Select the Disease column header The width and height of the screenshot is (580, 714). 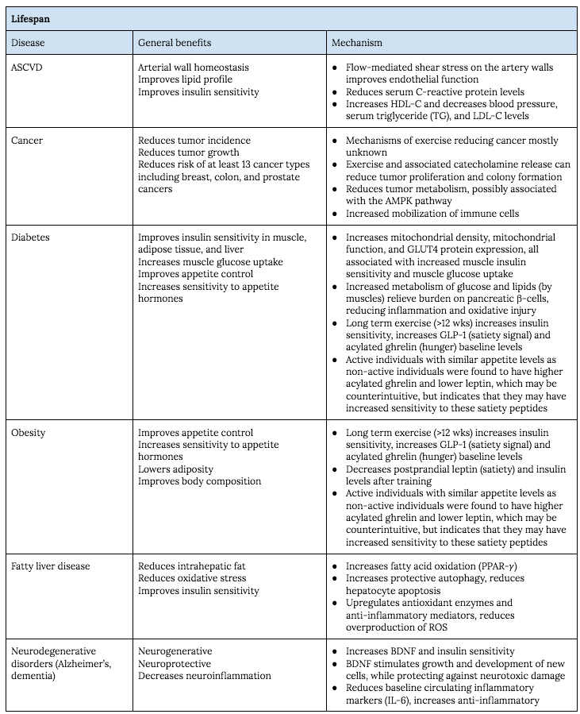[29, 42]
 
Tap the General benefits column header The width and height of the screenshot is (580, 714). [175, 42]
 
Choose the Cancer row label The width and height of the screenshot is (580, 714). [28, 141]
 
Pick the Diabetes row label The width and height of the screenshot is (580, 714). [32, 237]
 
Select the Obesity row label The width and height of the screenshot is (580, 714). [29, 433]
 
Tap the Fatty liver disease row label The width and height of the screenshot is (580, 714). [51, 566]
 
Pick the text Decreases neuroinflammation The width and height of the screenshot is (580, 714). [205, 676]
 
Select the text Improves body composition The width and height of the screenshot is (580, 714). [199, 481]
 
